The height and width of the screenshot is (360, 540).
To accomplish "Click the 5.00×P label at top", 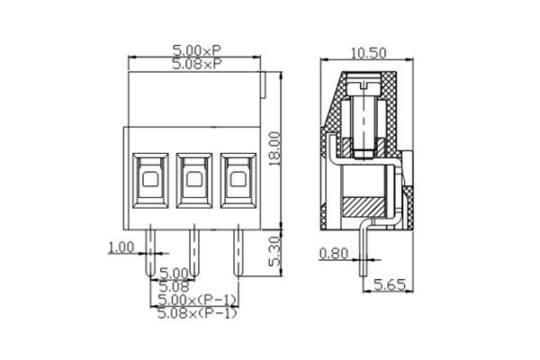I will click(194, 52).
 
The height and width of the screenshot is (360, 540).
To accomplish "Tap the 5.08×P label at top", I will click(194, 65).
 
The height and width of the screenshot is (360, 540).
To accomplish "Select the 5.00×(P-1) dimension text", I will click(196, 300).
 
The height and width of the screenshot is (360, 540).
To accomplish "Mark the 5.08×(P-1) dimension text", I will click(196, 313).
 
